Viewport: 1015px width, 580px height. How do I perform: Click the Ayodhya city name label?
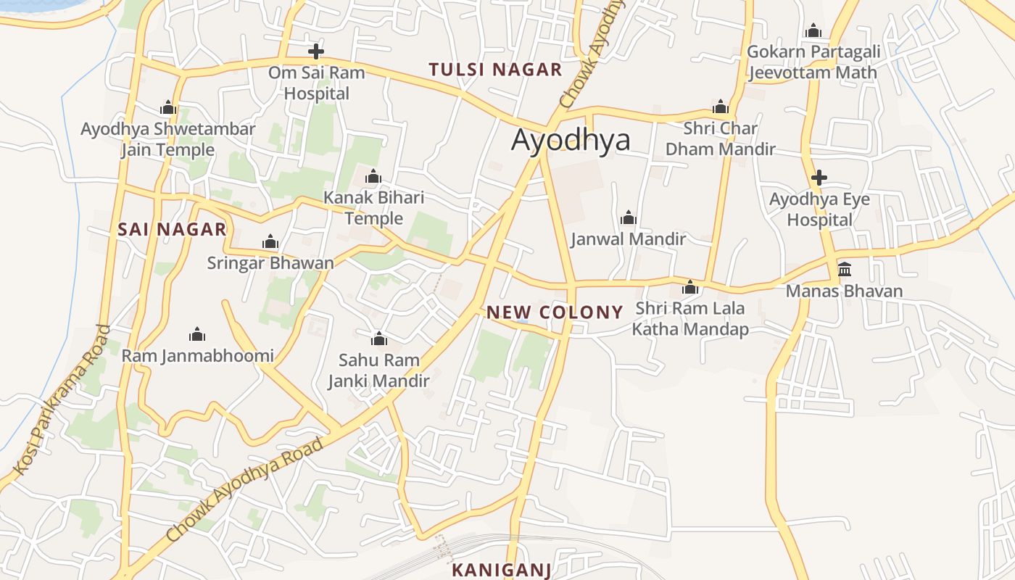click(571, 140)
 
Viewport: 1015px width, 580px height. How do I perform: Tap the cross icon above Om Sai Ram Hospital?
click(315, 51)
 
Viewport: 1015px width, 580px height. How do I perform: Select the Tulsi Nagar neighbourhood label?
click(495, 70)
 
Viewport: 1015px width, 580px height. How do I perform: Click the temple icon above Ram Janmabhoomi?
click(197, 334)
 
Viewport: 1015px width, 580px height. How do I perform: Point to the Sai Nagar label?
click(172, 230)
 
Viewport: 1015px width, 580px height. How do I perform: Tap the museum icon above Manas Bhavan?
click(845, 270)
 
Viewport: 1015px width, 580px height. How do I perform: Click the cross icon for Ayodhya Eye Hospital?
click(819, 178)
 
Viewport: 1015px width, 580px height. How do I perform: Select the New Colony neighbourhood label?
click(555, 312)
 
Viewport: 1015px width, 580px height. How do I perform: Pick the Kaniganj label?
click(502, 570)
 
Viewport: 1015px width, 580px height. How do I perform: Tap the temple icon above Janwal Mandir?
click(629, 217)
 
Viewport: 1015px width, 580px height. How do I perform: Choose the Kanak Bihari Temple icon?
click(373, 176)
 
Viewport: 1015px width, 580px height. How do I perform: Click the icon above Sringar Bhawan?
click(270, 241)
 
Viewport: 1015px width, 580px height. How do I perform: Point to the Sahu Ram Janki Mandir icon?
click(378, 339)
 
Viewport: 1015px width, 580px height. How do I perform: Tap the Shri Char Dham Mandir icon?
click(721, 107)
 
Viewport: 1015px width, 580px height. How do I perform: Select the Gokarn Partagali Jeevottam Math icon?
click(813, 30)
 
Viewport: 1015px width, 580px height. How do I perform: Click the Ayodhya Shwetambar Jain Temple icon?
click(168, 108)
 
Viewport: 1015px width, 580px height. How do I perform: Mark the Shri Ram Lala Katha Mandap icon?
click(690, 288)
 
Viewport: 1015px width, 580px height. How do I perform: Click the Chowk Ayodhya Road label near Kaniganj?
click(244, 489)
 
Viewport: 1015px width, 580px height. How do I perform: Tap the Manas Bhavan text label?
click(845, 291)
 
